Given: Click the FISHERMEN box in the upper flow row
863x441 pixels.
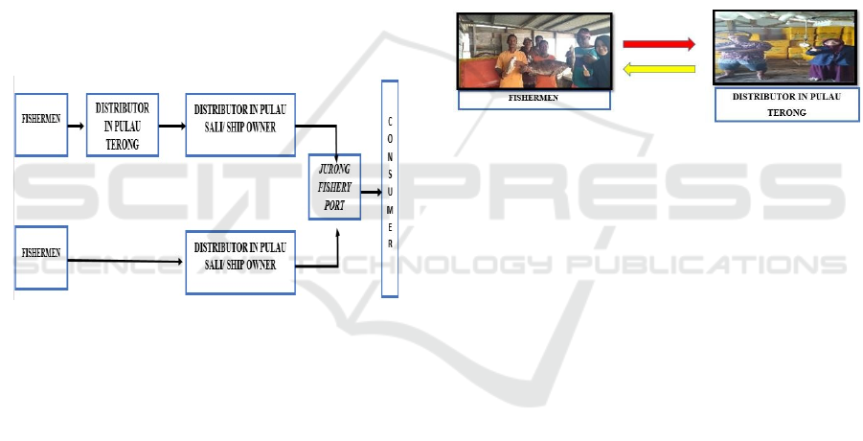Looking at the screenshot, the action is (41, 125).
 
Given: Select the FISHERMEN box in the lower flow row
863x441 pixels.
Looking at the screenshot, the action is (41, 258).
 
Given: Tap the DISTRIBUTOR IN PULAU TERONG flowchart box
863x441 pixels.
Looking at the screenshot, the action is (123, 125).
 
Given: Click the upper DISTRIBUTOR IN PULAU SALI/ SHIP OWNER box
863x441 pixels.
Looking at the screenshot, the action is (240, 125).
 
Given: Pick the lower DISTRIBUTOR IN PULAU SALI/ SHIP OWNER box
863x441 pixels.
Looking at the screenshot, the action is (240, 263).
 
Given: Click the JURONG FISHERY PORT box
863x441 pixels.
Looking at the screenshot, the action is (334, 187).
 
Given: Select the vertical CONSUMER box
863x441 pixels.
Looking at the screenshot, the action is (390, 189).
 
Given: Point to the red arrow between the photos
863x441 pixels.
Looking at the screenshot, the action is (659, 44).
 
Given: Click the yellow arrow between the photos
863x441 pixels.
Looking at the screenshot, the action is (659, 69).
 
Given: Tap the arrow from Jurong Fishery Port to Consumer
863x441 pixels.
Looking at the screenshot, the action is (371, 192).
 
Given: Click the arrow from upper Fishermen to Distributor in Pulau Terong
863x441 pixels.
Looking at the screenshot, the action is (76, 127).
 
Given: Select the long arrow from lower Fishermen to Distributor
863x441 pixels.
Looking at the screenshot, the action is (125, 261).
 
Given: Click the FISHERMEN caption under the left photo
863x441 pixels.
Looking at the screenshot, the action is (534, 98).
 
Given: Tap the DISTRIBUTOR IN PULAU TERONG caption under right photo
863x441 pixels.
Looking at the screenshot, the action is (786, 104).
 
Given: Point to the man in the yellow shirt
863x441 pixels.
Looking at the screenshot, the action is (510, 61).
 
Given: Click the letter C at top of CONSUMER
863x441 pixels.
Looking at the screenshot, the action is (390, 121).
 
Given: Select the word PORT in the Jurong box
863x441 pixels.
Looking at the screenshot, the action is (334, 205).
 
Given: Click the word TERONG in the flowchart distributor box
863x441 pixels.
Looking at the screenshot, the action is (123, 144).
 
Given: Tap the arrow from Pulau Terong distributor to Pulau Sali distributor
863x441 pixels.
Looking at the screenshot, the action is (172, 127).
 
